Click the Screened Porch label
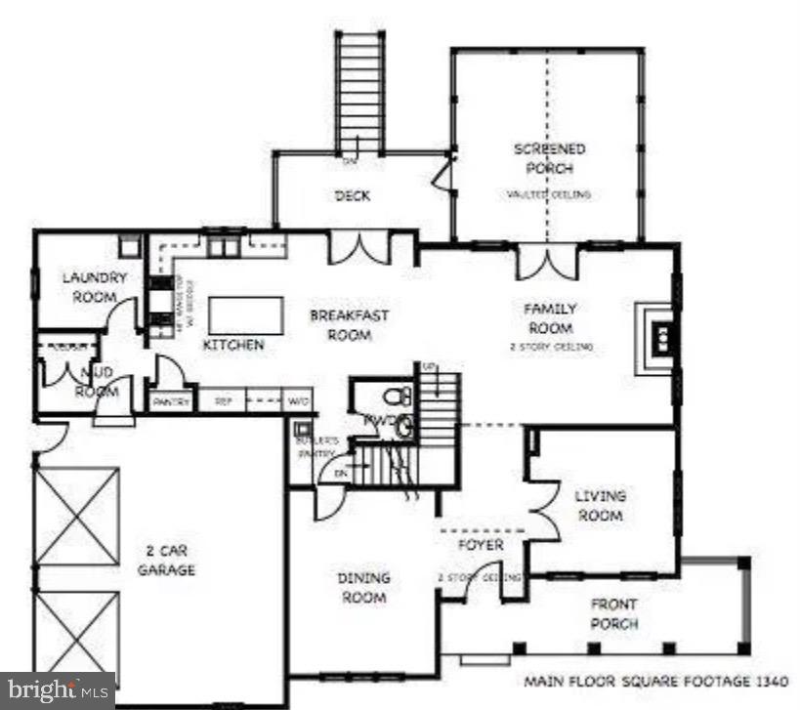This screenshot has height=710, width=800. pos(550,158)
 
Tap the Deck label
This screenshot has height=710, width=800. pos(353,196)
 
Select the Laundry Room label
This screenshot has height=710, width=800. pos(95,287)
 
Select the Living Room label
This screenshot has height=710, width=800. pos(600,506)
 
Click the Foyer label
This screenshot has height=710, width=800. pos(482,545)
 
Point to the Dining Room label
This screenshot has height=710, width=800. pos(363,587)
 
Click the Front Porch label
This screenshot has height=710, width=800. pos(614,613)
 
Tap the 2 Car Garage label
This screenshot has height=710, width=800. pos(165,561)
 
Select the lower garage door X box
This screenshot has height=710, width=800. pos(76,633)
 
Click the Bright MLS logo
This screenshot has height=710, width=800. pos(57,690)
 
